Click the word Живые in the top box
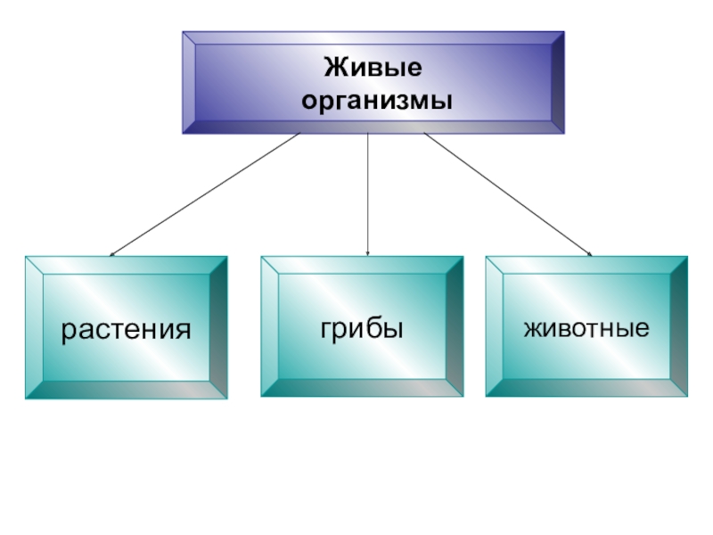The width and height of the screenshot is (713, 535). pyautogui.click(x=373, y=68)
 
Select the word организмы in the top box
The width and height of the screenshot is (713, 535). pyautogui.click(x=373, y=102)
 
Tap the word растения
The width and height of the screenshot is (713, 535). pyautogui.click(x=126, y=330)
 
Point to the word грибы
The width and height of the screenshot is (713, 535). pyautogui.click(x=362, y=327)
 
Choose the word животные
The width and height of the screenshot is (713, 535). pyautogui.click(x=586, y=329)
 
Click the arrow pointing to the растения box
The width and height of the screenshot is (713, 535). pyautogui.click(x=205, y=195)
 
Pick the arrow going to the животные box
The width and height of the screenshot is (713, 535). pyautogui.click(x=508, y=195)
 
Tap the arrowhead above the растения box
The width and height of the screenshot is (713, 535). pyautogui.click(x=112, y=254)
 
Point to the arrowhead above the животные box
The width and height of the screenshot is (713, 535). pyautogui.click(x=588, y=253)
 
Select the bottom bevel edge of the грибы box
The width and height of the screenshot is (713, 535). pyautogui.click(x=362, y=387)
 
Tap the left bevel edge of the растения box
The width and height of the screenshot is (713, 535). pyautogui.click(x=34, y=327)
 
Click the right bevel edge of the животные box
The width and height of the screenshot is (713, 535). pyautogui.click(x=679, y=326)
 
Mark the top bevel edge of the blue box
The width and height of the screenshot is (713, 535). pyautogui.click(x=373, y=37)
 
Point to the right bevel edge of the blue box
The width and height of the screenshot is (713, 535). pyautogui.click(x=557, y=83)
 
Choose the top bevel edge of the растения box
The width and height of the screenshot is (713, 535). pyautogui.click(x=126, y=265)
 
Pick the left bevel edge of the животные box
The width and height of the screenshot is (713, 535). pyautogui.click(x=494, y=326)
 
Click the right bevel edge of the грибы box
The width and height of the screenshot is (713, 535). pyautogui.click(x=455, y=326)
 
